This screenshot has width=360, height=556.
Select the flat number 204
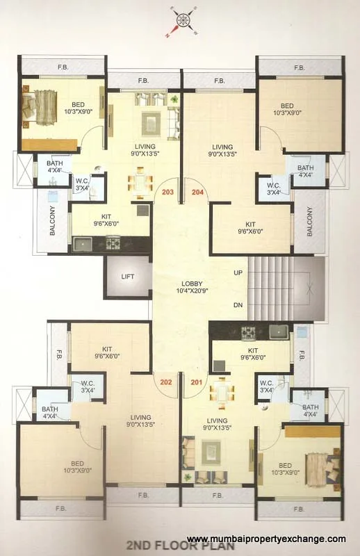(x=197, y=192)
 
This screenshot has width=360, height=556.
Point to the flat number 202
(x=166, y=381)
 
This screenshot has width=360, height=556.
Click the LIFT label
(x=127, y=277)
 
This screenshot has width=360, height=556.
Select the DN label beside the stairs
(x=238, y=305)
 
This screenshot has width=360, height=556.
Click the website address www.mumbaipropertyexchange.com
(x=266, y=539)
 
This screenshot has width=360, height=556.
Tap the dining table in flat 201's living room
(x=220, y=391)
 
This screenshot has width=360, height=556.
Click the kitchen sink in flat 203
(x=83, y=243)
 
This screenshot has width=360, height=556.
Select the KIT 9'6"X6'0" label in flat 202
(x=107, y=352)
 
